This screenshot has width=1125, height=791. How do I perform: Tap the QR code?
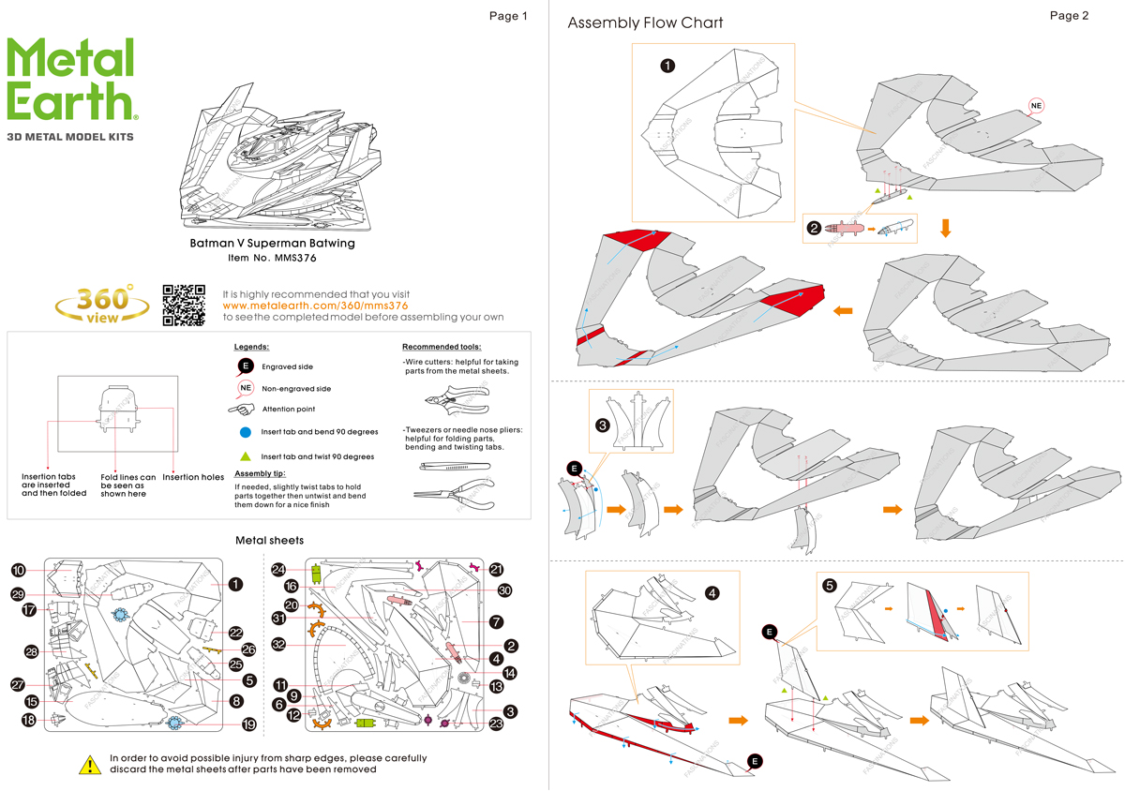[x=184, y=305]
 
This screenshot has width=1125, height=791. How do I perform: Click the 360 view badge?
[x=102, y=304]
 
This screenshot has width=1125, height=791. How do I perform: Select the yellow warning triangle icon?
[x=89, y=765]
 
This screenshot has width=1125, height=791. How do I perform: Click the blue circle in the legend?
[x=245, y=432]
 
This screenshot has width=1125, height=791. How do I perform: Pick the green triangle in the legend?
[x=245, y=456]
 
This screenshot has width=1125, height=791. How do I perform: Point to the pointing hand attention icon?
[x=242, y=410]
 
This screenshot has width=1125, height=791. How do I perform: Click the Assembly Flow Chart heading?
[x=645, y=22]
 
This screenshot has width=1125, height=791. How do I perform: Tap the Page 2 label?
[x=1070, y=16]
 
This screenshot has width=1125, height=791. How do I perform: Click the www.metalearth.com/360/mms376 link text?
[x=315, y=306]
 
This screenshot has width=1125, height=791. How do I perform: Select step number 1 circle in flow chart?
[x=667, y=66]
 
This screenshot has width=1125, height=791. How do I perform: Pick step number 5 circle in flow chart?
[x=830, y=587]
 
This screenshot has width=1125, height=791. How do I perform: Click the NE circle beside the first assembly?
[x=1036, y=106]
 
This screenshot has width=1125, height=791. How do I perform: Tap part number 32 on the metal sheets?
[x=278, y=644]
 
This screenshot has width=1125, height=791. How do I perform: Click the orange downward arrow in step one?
[x=945, y=227]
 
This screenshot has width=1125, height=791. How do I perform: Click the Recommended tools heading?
[x=442, y=347]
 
